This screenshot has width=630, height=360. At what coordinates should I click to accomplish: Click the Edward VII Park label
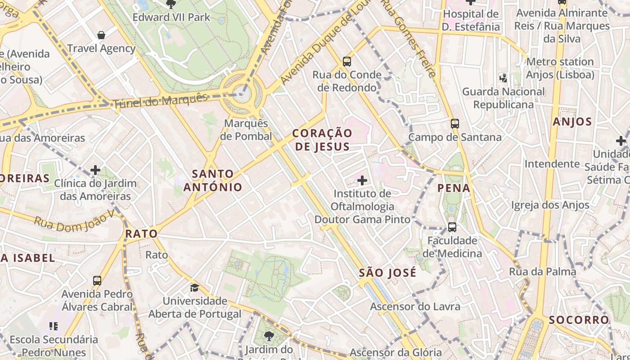[x=171, y=18]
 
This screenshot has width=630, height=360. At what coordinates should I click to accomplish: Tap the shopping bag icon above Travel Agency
[x=101, y=35]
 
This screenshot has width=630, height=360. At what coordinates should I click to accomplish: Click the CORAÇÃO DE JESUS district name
[x=322, y=139]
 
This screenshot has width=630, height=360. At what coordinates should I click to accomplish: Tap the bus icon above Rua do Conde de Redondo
[x=346, y=61]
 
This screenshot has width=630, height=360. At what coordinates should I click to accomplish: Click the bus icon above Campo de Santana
[x=455, y=123]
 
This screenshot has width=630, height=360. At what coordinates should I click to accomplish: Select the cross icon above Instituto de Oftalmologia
[x=362, y=180]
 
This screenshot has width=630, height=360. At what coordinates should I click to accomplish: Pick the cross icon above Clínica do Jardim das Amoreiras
[x=95, y=170]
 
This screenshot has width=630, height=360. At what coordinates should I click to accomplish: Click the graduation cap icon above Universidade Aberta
[x=194, y=288]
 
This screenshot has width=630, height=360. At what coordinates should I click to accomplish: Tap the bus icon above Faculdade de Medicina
[x=452, y=227]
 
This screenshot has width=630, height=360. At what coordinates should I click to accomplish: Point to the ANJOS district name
[x=572, y=121]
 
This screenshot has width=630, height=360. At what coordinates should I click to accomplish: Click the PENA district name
[x=454, y=188]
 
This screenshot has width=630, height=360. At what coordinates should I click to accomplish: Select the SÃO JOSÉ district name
[x=388, y=273]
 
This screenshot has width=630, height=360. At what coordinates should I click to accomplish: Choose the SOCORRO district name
[x=579, y=320]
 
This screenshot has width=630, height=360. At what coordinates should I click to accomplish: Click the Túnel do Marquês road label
[x=161, y=100]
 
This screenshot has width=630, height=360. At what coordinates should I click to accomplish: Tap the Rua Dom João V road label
[x=75, y=221]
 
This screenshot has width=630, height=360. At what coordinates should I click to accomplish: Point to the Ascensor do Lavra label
[x=415, y=306]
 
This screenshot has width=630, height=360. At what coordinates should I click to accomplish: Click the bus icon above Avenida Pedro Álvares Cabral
[x=97, y=281]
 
